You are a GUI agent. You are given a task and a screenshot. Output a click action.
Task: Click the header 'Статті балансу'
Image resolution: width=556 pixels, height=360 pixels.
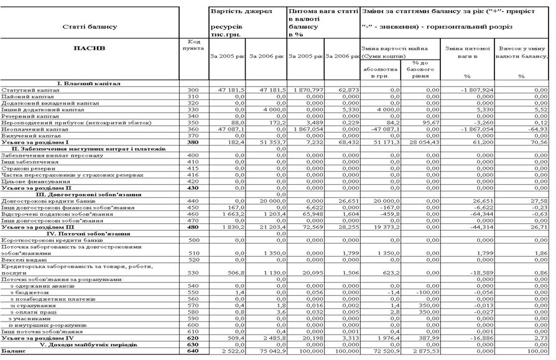[90, 27]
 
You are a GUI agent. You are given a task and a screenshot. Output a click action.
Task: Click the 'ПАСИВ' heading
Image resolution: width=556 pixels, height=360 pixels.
[90, 47]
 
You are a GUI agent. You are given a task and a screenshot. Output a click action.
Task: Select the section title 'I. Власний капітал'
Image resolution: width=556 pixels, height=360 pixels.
[88, 83]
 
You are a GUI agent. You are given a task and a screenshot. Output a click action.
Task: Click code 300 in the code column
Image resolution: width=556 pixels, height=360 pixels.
[193, 90]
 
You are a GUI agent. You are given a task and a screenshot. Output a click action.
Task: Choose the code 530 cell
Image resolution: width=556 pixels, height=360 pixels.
[193, 272]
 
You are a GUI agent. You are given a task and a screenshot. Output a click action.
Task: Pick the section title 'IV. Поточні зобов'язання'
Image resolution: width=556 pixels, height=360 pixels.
[89, 233]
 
